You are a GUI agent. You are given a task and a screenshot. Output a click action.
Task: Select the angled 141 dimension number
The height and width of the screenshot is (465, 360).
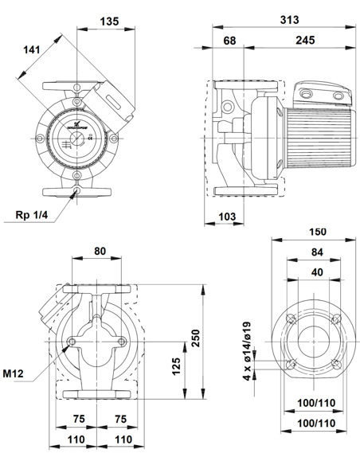pyautogui.click(x=31, y=52)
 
